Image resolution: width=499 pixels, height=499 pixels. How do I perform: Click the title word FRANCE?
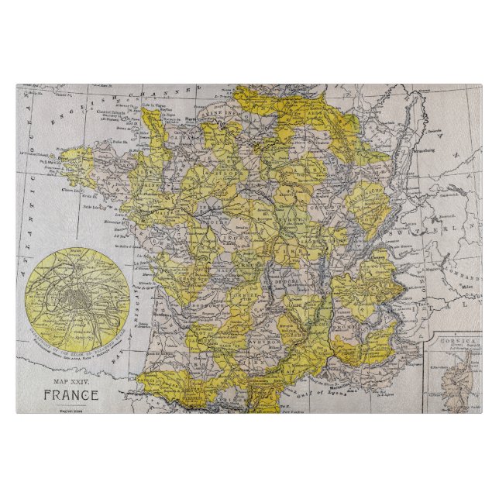[x=71, y=394]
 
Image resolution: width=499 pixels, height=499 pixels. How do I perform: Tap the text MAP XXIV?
[x=71, y=382]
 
